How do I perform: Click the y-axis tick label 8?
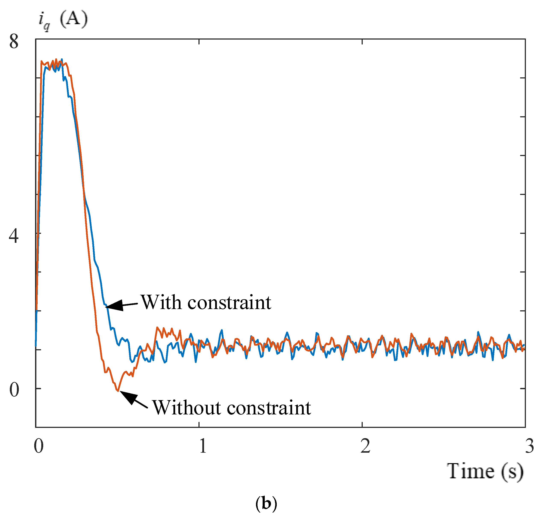click(x=14, y=42)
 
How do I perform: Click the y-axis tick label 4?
click(x=14, y=236)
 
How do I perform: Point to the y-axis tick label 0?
click(x=14, y=390)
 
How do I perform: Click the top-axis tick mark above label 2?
click(x=362, y=41)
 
